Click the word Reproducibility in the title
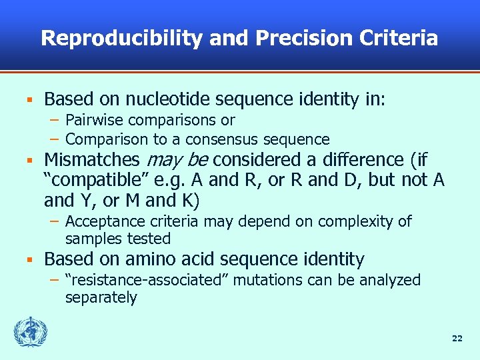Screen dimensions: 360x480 (121, 38)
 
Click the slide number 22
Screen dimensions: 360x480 (457, 339)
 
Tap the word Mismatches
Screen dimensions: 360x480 (91, 161)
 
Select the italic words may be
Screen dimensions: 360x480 (176, 161)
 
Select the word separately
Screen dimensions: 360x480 (101, 297)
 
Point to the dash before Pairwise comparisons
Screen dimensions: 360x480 (55, 121)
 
